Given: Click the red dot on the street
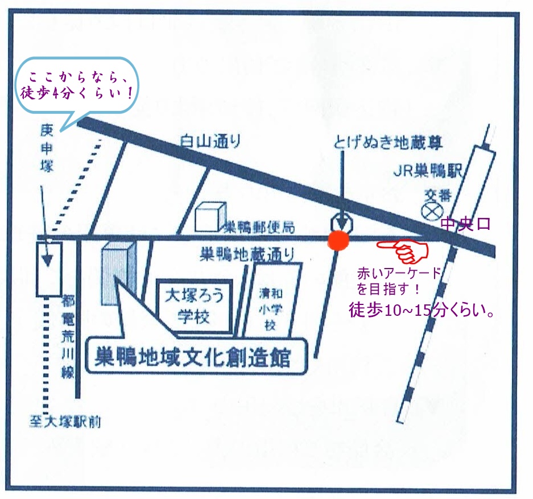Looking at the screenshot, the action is (x=339, y=241).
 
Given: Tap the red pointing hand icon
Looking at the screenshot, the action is (x=404, y=249).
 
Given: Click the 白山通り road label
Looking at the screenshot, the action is (x=210, y=141).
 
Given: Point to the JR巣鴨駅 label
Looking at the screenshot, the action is (x=429, y=170).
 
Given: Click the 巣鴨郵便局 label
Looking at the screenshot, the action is (x=259, y=228).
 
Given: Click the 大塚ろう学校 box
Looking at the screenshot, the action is (x=194, y=307).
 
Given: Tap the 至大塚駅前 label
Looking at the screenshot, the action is (x=65, y=422).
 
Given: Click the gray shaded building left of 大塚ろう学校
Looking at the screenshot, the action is (x=118, y=273).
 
